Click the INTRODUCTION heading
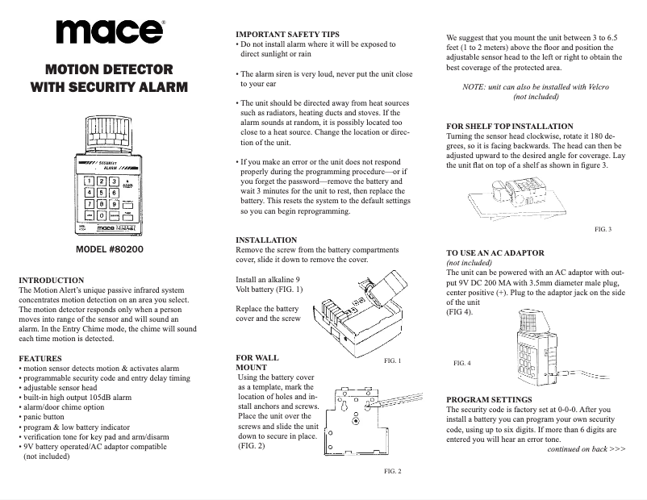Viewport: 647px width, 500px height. [54, 280]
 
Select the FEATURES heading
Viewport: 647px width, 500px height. [40, 356]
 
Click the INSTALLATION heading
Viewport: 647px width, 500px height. [266, 240]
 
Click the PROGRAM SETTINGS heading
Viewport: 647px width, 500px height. [489, 400]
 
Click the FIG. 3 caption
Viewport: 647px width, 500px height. [603, 230]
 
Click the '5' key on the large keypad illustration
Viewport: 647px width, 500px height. [102, 193]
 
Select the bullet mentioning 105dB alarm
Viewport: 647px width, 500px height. [77, 396]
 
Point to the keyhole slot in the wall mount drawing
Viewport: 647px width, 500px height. [355, 419]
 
